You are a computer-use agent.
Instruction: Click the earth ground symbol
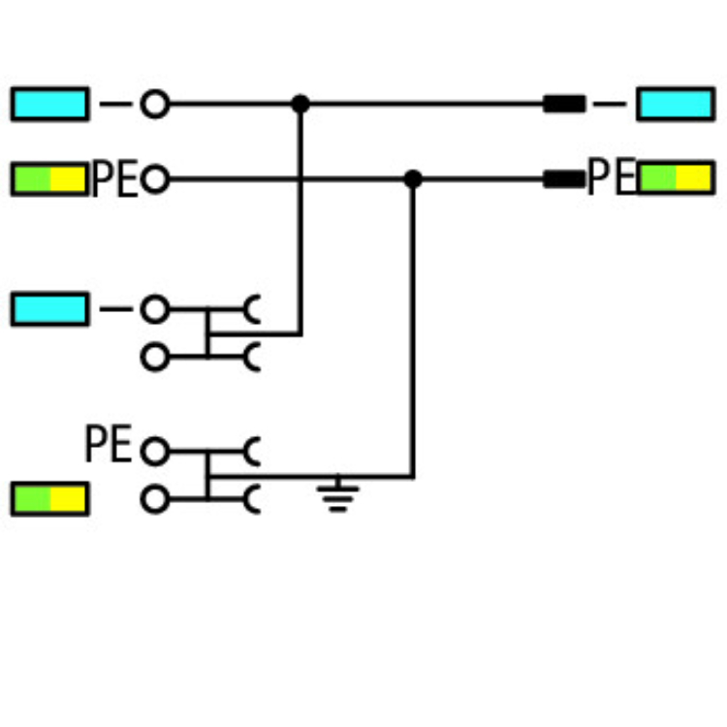click(x=336, y=495)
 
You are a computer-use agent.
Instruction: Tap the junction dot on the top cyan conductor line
click(x=300, y=104)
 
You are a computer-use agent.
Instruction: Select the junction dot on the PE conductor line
click(x=413, y=179)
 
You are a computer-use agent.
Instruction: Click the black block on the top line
click(x=563, y=104)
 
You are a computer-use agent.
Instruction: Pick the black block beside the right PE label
click(x=563, y=179)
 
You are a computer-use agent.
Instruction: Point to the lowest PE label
click(x=108, y=445)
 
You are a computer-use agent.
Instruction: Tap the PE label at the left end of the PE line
click(x=114, y=180)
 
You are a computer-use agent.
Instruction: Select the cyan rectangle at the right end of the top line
click(x=675, y=104)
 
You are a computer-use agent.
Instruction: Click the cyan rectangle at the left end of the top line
click(x=49, y=104)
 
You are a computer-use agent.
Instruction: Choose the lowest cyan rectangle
click(x=49, y=310)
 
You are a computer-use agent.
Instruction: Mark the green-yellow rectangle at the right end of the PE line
click(x=675, y=178)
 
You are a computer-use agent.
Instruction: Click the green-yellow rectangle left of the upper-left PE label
click(x=49, y=179)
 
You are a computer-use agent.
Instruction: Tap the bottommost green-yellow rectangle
click(x=49, y=499)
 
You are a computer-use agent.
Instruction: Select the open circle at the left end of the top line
click(x=154, y=104)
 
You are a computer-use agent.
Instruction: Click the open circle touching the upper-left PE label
click(x=154, y=179)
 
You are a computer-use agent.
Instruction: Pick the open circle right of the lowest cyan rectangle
click(x=154, y=310)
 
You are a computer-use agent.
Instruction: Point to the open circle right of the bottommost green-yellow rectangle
click(x=154, y=500)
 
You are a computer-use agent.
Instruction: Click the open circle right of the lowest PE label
click(x=154, y=452)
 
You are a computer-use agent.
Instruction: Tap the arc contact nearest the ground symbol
click(x=253, y=499)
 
